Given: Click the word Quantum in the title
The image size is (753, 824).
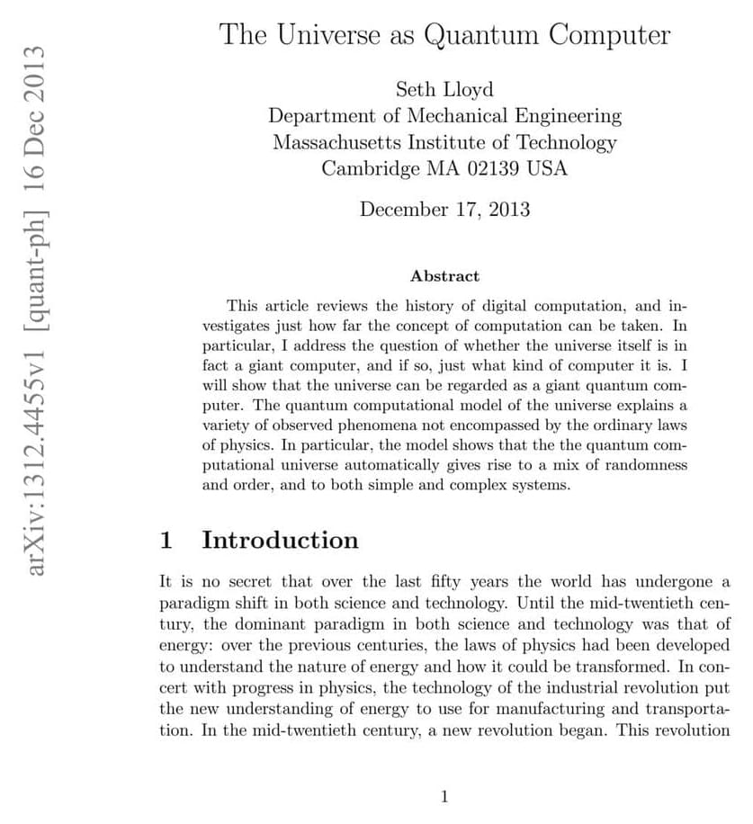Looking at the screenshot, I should pos(481,35).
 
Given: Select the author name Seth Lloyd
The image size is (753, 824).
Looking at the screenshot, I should pos(444,90).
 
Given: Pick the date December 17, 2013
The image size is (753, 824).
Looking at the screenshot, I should pos(444,210).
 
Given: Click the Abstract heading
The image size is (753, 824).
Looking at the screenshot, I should pos(444,276).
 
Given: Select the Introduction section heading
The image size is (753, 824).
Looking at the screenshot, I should pos(280,540).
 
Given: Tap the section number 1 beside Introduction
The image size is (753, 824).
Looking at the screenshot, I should pos(166,540).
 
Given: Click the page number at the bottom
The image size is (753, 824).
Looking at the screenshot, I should pos(444,795).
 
